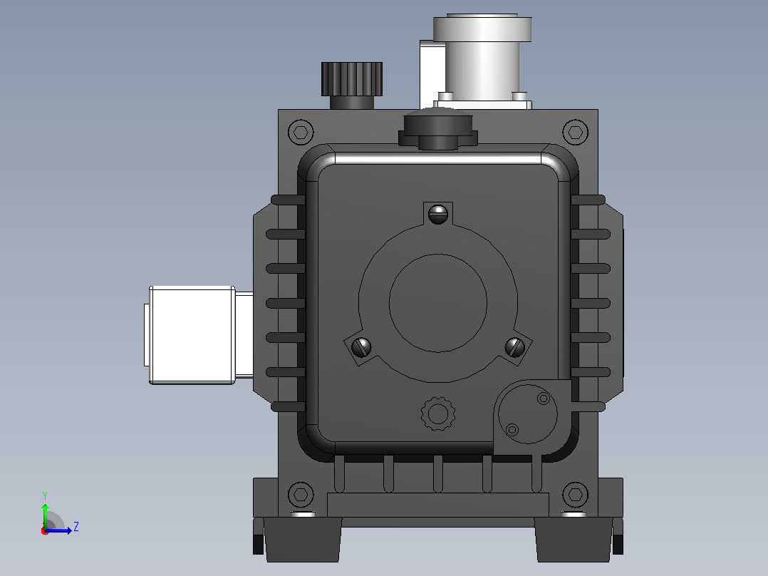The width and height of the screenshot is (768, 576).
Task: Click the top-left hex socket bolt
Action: click(301, 132)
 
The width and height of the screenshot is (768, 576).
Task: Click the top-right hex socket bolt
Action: click(576, 132)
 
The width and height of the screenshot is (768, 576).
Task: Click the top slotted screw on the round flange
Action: click(438, 214)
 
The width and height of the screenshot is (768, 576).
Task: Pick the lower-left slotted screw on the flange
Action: click(361, 348)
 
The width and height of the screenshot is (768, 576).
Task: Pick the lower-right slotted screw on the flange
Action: click(515, 348)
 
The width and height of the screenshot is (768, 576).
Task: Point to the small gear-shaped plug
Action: click(438, 413)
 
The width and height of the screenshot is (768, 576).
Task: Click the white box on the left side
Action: click(192, 335)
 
